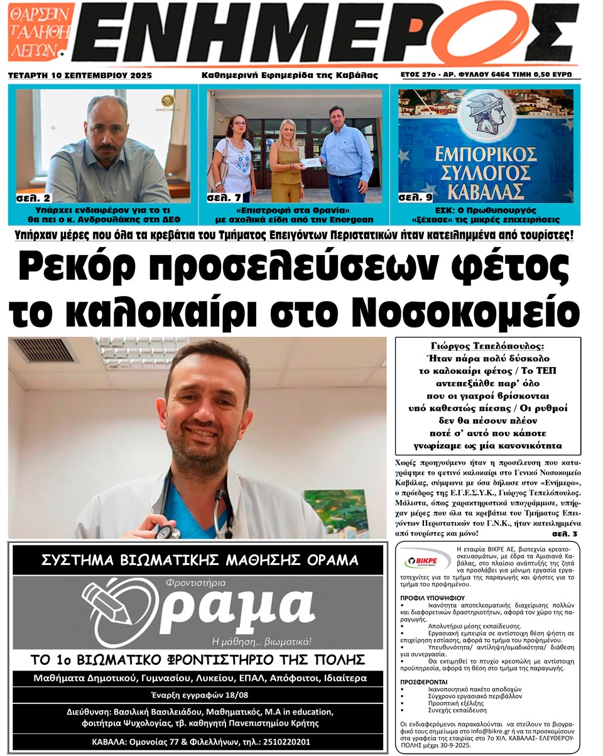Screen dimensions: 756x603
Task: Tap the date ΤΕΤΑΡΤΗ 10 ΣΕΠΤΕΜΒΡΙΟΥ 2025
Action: coord(80,75)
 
